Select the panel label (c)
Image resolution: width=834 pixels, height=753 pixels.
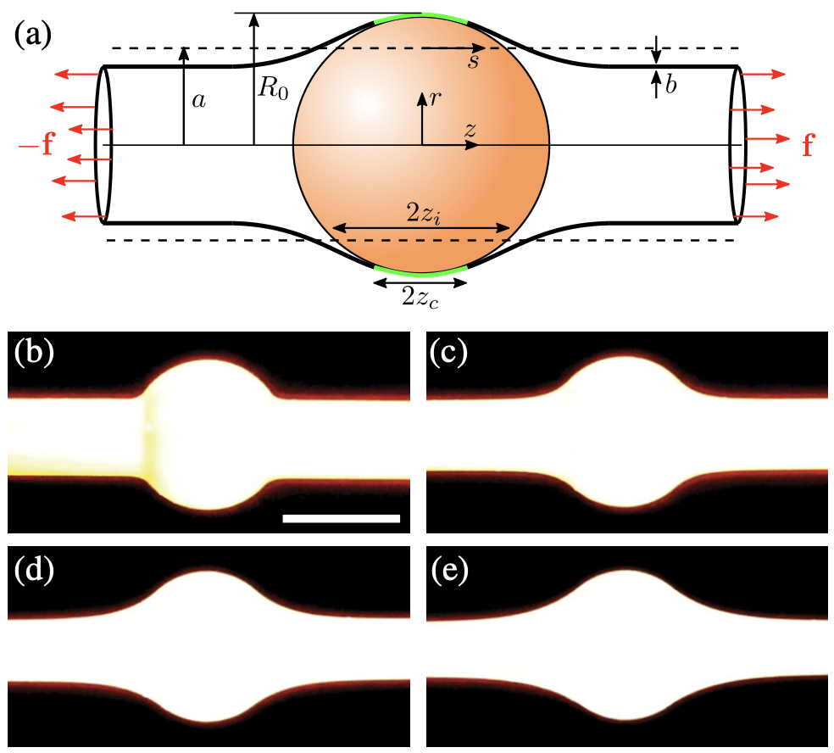pyautogui.click(x=449, y=352)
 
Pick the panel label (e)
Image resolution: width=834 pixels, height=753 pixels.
pyautogui.click(x=449, y=567)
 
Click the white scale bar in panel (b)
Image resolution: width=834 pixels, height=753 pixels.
pyautogui.click(x=341, y=517)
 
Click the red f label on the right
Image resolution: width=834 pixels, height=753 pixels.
pyautogui.click(x=808, y=147)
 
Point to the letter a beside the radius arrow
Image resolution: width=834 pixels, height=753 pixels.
pyautogui.click(x=198, y=101)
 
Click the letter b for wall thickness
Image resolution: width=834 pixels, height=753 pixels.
pyautogui.click(x=670, y=86)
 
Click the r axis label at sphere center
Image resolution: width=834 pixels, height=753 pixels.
pyautogui.click(x=435, y=98)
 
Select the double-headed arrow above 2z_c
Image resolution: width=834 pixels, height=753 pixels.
pyautogui.click(x=421, y=280)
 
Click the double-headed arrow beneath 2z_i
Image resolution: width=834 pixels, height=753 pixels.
pyautogui.click(x=421, y=227)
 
